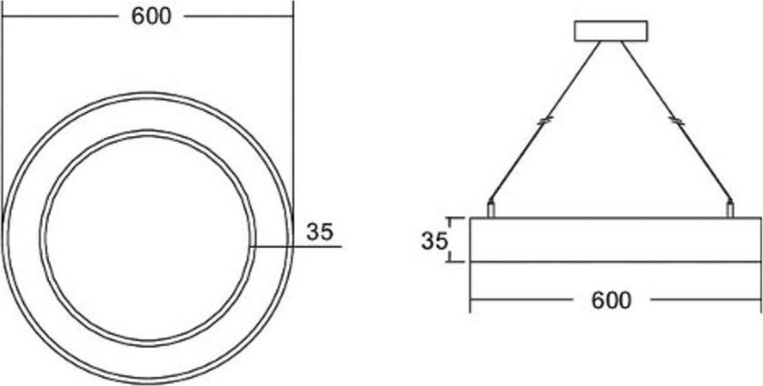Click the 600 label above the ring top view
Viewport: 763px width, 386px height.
(x=151, y=17)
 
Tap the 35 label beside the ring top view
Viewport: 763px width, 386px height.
(x=319, y=233)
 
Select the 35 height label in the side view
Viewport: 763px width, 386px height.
(x=434, y=242)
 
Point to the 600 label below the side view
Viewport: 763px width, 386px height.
(x=610, y=300)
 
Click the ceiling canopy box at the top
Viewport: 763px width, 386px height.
(x=612, y=30)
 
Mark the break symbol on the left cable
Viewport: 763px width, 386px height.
(x=544, y=120)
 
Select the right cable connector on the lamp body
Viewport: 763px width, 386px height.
(x=729, y=209)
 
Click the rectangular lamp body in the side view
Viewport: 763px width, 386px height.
(x=614, y=240)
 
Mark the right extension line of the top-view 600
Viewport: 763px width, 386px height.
(x=293, y=91)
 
